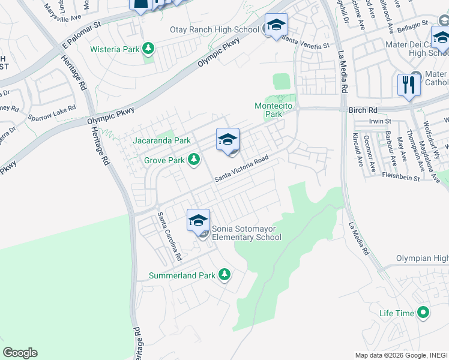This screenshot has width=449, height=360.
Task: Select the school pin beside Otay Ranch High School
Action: pos(276,25)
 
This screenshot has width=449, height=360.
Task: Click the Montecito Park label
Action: pos(273,110)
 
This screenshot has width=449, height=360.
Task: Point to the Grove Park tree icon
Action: pos(193,160)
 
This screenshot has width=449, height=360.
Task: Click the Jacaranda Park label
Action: pos(161,141)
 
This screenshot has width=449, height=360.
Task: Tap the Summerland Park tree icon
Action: pos(224,275)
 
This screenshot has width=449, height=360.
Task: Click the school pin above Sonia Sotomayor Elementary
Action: pos(198,221)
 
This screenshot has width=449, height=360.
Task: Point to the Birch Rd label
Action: pos(363,110)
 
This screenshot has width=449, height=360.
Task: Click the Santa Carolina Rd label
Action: pos(169,236)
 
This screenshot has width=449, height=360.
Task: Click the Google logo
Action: pos(20,353)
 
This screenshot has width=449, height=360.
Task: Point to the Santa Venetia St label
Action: pos(306,43)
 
